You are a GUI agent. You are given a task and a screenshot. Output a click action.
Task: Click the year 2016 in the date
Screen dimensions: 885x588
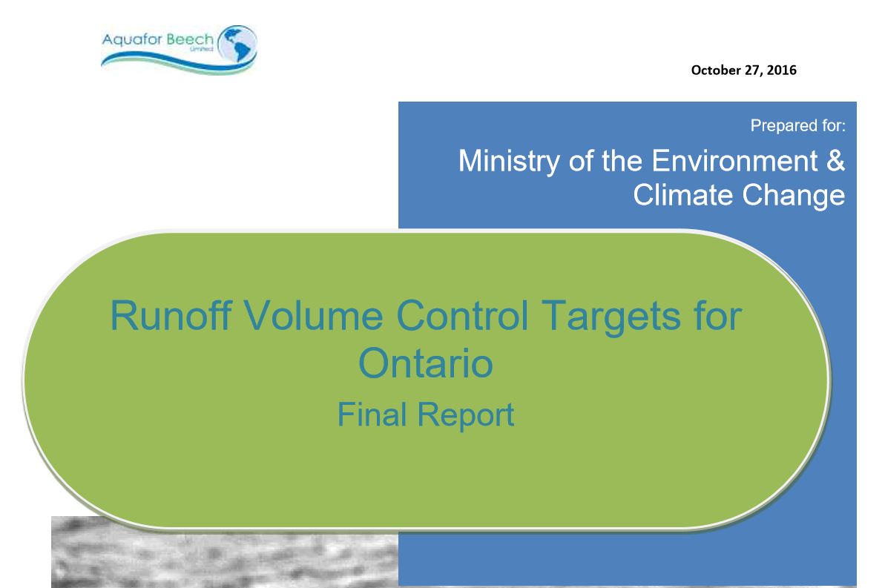pyautogui.click(x=782, y=70)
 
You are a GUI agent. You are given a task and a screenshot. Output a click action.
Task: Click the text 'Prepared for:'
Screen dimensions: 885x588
pyautogui.click(x=797, y=125)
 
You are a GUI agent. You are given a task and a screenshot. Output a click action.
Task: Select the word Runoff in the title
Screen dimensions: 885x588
pyautogui.click(x=171, y=315)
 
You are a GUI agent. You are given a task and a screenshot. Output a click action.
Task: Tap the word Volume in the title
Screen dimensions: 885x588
pyautogui.click(x=314, y=315)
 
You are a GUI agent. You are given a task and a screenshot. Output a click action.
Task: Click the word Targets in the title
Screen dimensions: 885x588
pyautogui.click(x=611, y=317)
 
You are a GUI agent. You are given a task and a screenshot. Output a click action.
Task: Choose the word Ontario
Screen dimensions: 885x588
pyautogui.click(x=426, y=363)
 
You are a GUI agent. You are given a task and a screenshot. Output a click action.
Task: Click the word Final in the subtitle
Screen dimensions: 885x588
pyautogui.click(x=372, y=414)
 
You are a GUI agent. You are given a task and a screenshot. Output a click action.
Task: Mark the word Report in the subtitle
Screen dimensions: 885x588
pyautogui.click(x=466, y=416)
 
